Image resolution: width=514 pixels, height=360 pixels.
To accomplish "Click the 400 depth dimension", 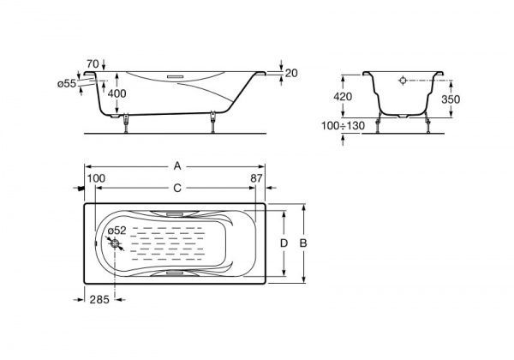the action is [x=117, y=93].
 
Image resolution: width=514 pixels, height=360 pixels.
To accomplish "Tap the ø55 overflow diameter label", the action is [x=67, y=84].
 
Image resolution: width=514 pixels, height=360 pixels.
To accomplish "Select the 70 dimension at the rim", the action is [x=93, y=63].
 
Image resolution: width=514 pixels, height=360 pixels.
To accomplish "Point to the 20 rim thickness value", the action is [x=291, y=73].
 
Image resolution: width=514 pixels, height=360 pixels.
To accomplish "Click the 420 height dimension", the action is [x=343, y=96].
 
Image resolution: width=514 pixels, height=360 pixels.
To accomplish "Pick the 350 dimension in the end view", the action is [x=451, y=99].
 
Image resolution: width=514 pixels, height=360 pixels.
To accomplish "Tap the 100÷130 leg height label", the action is [x=343, y=126].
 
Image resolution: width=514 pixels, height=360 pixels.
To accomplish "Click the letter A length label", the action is [x=177, y=166].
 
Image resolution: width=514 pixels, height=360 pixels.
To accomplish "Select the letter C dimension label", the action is [x=177, y=188].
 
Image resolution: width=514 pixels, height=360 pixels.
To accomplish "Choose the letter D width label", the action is [x=284, y=243].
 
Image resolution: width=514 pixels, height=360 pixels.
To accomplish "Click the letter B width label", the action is [x=303, y=243].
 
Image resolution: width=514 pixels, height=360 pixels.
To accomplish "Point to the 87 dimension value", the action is [x=256, y=178].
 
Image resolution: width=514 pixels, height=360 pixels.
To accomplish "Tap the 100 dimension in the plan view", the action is [x=96, y=178].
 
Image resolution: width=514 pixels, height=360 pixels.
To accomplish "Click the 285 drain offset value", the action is [x=99, y=299].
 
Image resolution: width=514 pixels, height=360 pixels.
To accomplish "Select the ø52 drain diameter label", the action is [x=117, y=231].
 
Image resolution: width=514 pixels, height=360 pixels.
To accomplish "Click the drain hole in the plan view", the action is [x=115, y=243].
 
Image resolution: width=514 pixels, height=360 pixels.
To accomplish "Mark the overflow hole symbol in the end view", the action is [x=403, y=81].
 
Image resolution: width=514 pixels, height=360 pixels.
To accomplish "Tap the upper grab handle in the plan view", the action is [x=175, y=214].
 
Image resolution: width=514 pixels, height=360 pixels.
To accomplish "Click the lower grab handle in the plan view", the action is [x=175, y=273].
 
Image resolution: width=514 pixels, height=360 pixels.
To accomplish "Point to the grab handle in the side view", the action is [x=176, y=77].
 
